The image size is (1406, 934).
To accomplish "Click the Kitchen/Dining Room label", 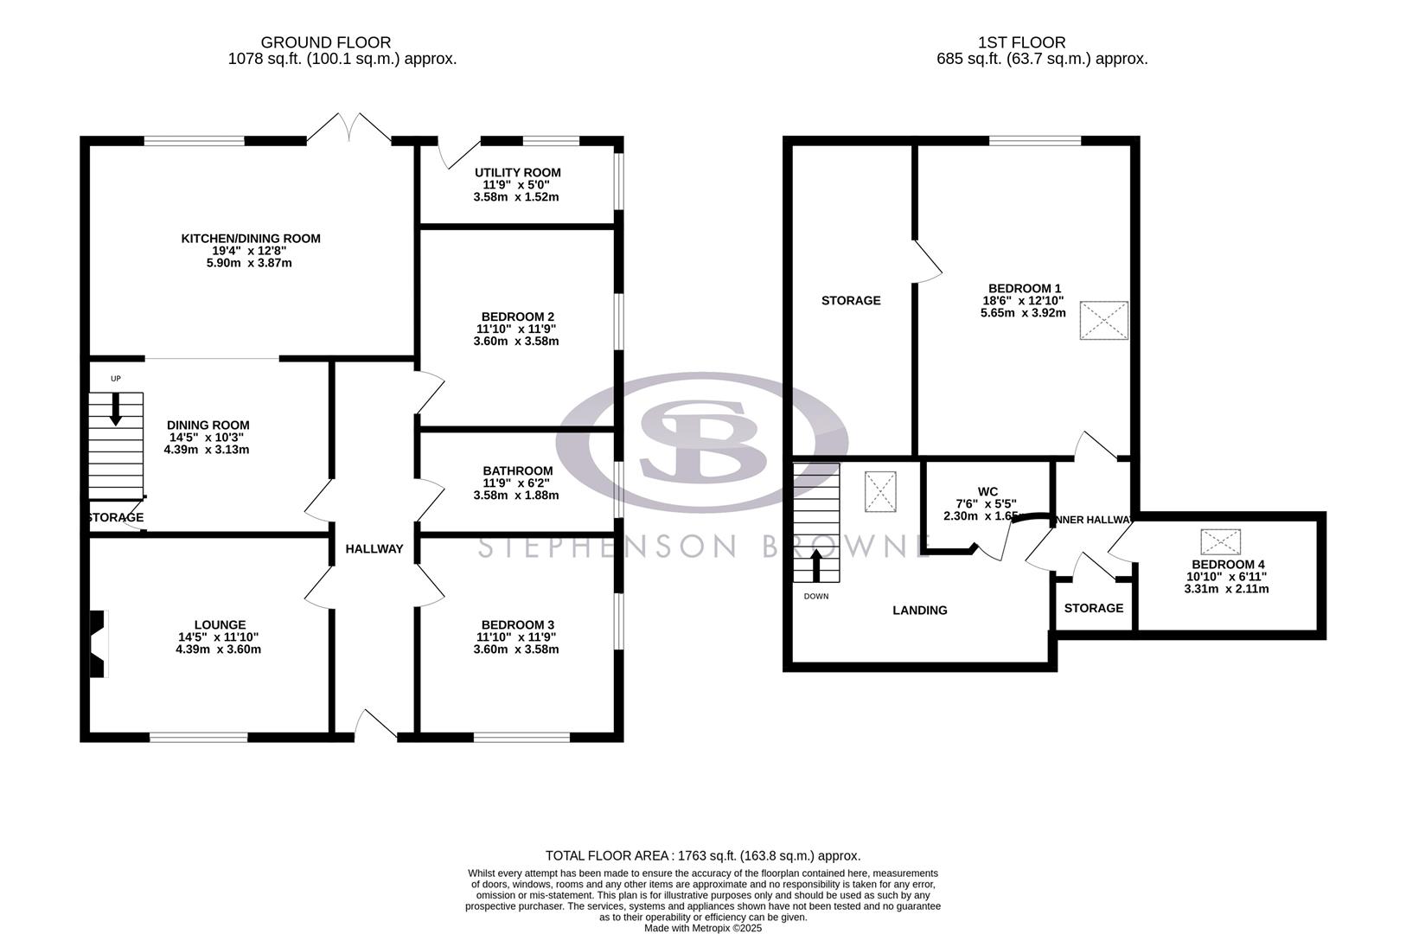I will (x=250, y=239).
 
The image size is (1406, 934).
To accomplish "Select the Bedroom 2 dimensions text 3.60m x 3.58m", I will (x=516, y=341).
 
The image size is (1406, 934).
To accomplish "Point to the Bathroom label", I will (x=517, y=470).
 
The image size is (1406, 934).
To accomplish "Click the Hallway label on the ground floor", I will (x=374, y=548).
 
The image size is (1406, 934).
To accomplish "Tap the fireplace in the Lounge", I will (x=98, y=643).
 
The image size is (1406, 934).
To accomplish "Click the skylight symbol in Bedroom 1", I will (x=1103, y=320).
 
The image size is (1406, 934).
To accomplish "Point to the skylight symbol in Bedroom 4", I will (x=1221, y=542).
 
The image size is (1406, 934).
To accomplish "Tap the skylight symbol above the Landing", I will (x=880, y=492).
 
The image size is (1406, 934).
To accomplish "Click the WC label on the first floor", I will (x=987, y=491).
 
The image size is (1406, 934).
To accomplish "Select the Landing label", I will (x=919, y=611).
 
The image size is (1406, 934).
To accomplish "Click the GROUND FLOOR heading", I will (x=325, y=42).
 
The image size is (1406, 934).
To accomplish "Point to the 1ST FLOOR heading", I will (x=1021, y=42).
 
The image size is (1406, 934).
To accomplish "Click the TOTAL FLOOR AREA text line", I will (x=703, y=856).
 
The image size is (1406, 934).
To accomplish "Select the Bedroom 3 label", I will (x=517, y=624).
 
